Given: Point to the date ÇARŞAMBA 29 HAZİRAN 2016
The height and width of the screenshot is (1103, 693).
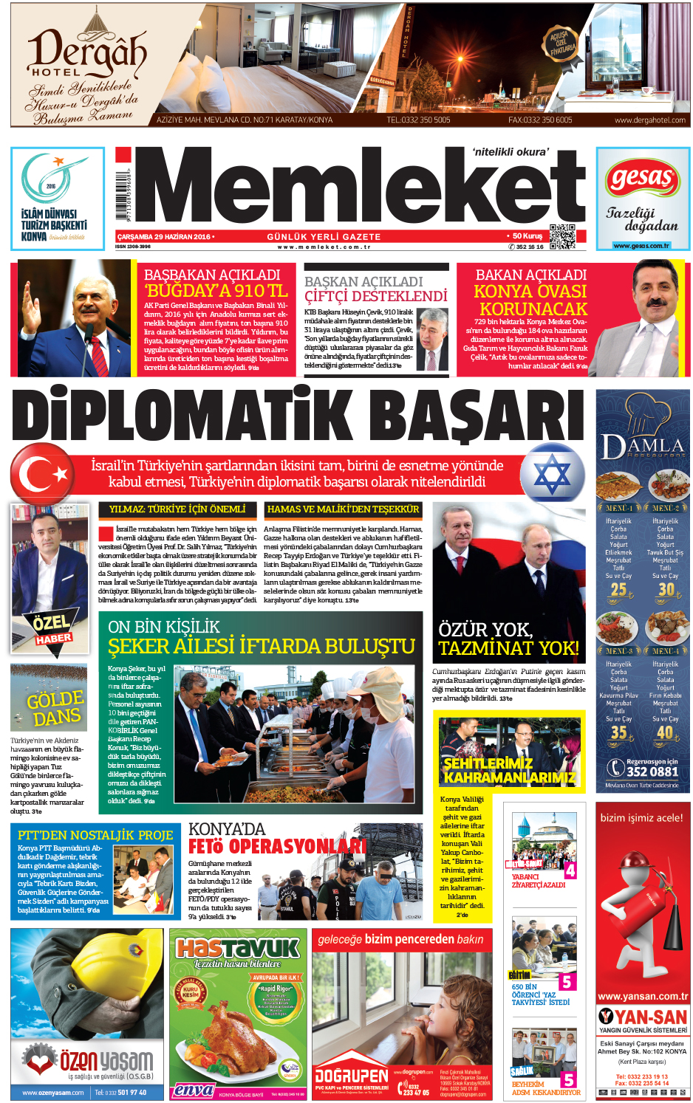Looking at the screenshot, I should (164, 237).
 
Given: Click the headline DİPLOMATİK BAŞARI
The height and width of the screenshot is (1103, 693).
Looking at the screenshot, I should (299, 414).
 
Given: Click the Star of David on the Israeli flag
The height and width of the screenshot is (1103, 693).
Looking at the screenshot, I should (553, 473).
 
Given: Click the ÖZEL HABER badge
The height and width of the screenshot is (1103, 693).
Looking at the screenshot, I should (52, 628).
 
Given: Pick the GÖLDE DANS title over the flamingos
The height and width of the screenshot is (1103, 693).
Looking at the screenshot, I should (55, 707).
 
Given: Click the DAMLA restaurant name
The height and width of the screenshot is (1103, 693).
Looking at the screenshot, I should (642, 446).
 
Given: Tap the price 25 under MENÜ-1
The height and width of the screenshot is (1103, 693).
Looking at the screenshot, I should (618, 590).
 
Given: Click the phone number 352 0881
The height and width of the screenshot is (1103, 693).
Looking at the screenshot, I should (652, 772).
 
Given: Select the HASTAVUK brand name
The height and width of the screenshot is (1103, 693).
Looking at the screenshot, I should (237, 948).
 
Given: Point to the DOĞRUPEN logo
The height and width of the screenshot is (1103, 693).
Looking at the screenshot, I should (351, 1075).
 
